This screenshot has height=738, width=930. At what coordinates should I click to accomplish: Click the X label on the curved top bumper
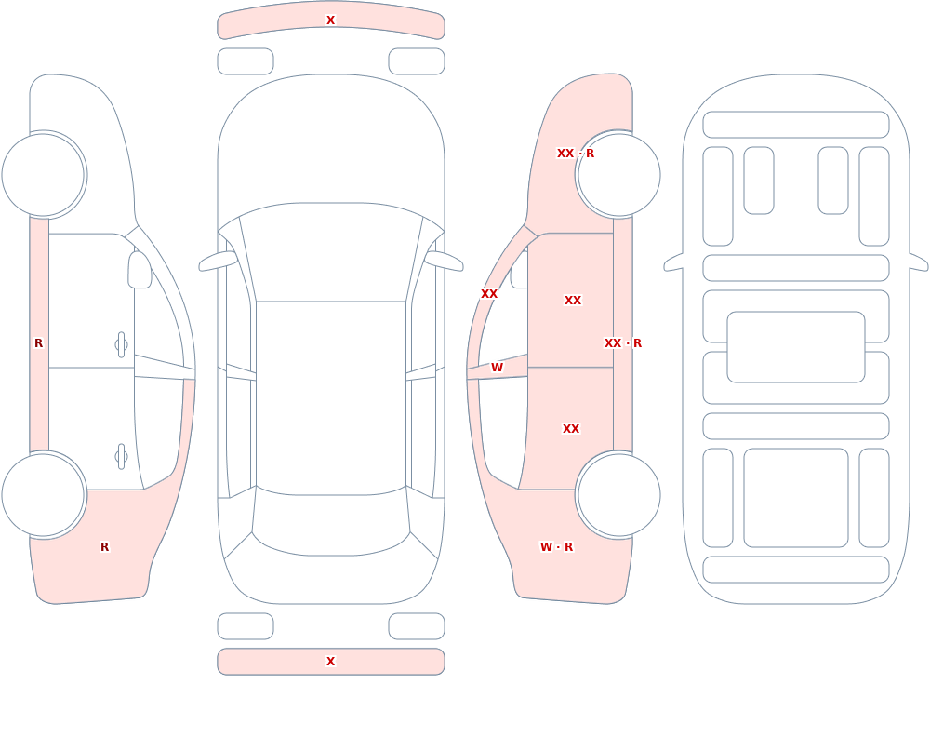[331, 20]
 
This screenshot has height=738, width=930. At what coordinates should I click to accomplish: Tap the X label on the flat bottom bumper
[331, 662]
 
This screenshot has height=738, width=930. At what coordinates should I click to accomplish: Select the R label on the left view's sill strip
[38, 343]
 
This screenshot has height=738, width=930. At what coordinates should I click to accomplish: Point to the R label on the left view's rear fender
[104, 547]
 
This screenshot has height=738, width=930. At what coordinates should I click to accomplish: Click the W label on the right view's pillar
[497, 368]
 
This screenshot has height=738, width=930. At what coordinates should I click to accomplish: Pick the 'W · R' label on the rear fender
[556, 547]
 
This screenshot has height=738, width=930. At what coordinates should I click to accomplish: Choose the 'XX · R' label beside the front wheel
[576, 154]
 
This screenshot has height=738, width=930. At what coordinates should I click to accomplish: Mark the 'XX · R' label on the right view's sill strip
[623, 343]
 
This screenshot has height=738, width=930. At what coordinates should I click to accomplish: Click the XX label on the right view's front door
[573, 301]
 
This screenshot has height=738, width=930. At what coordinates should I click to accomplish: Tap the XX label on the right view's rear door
[571, 429]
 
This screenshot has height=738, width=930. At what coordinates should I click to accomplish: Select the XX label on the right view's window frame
[489, 294]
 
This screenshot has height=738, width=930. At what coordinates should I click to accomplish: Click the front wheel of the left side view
[43, 175]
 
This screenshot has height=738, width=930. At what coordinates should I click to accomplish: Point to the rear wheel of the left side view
[43, 494]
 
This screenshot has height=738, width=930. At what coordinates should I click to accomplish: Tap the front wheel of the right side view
[619, 175]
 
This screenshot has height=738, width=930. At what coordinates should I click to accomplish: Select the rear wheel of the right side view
[619, 494]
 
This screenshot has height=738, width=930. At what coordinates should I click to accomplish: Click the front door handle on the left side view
[121, 345]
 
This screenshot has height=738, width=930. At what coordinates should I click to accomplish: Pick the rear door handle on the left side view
[121, 457]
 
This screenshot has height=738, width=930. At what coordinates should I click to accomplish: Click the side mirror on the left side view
[140, 270]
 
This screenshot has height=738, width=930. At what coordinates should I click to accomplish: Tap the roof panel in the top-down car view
[331, 397]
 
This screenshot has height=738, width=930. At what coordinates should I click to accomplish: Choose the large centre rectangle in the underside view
[796, 347]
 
